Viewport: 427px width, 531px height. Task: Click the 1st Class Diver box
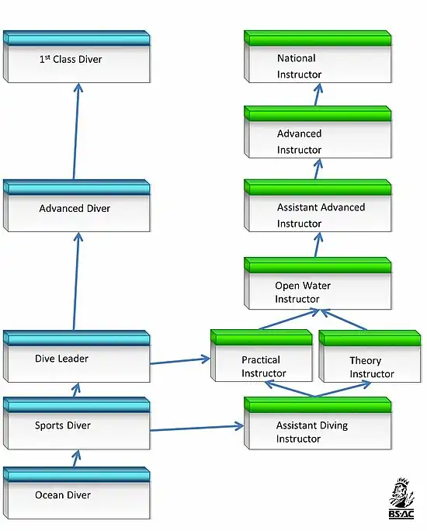pyautogui.click(x=77, y=57)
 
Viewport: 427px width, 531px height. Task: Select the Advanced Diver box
pyautogui.click(x=77, y=206)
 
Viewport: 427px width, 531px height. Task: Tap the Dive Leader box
pyautogui.click(x=77, y=356)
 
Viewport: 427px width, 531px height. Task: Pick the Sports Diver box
pyautogui.click(x=77, y=423)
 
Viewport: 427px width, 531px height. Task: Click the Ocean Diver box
pyautogui.click(x=77, y=493)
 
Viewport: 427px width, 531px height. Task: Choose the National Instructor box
pyautogui.click(x=318, y=57)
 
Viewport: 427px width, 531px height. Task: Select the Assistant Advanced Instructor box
pyautogui.click(x=318, y=206)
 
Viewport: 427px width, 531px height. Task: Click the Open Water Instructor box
pyautogui.click(x=318, y=283)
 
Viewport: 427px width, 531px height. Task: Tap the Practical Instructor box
pyautogui.click(x=262, y=356)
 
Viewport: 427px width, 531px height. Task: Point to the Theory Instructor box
pyautogui.click(x=370, y=356)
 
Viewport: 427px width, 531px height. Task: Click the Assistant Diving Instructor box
pyautogui.click(x=318, y=423)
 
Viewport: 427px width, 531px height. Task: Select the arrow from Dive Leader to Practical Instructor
pyautogui.click(x=180, y=361)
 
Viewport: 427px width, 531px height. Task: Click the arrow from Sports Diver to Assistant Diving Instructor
pyautogui.click(x=196, y=428)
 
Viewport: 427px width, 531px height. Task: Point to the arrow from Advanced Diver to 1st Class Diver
pyautogui.click(x=76, y=131)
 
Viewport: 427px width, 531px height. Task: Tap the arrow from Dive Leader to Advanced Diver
pyautogui.click(x=76, y=281)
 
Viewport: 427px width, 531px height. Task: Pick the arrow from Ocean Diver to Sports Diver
pyautogui.click(x=76, y=459)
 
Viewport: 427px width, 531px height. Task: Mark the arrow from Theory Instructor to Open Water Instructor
pyautogui.click(x=343, y=319)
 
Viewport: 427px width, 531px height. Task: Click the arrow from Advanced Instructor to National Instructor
pyautogui.click(x=318, y=95)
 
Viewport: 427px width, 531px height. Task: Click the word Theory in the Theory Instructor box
pyautogui.click(x=366, y=361)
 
